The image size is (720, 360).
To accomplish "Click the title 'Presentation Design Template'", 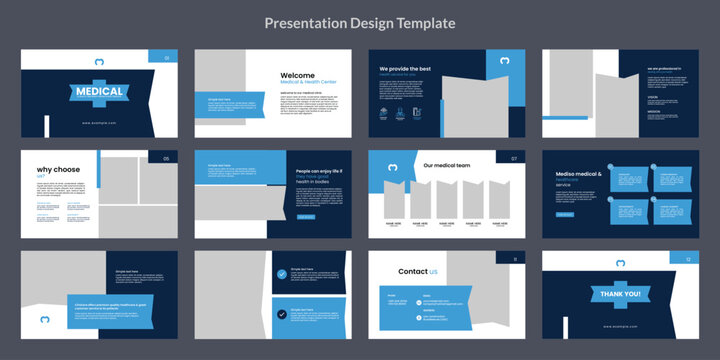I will pos(360,23).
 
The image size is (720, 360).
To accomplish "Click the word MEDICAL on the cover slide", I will pos(100,92).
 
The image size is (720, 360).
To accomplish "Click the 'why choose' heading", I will pos(58,170).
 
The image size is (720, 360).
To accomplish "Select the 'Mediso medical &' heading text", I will pos(576,174).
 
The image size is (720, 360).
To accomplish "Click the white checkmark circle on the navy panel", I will pos(281,273).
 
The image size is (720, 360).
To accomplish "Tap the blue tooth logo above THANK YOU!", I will pos(620,264).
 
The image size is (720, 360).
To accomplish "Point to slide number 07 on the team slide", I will pos(514,158).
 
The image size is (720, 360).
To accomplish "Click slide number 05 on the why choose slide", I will pos(166,158).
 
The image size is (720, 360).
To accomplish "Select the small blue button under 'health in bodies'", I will pos(305,216).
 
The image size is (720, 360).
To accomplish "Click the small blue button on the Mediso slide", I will pos(565,214).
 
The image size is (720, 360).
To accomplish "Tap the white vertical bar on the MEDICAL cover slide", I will pos(46,126).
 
